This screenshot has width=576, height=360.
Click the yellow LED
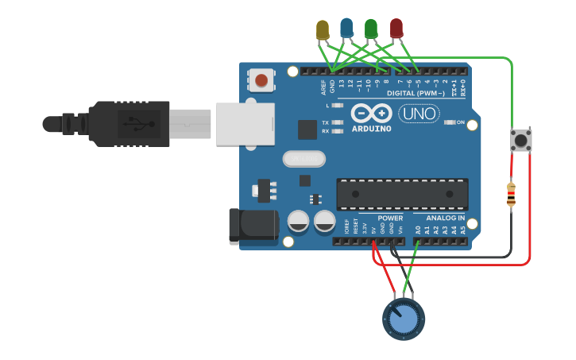pos(322,29)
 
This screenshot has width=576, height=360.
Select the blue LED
pos(346,28)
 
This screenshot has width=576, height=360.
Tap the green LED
pos(371,29)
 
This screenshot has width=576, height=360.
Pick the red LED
pos(396,28)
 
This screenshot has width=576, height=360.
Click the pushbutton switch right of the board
pos(520,141)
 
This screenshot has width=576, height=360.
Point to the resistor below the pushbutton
pos(511,194)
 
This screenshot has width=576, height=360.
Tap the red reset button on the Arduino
pos(261,79)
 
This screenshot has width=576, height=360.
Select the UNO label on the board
pos(417,114)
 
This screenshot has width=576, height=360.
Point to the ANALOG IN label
pos(445,218)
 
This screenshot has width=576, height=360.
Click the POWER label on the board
pos(389,218)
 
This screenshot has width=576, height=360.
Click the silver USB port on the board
pos(245,124)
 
